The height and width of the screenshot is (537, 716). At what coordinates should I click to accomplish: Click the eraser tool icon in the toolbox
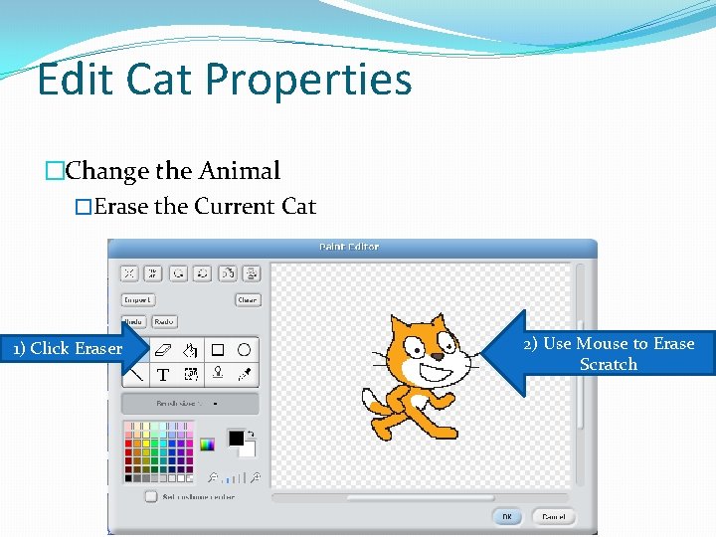pyautogui.click(x=164, y=350)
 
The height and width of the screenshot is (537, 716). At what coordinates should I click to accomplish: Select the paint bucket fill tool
pyautogui.click(x=191, y=350)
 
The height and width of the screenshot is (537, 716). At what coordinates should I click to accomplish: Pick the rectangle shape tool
pyautogui.click(x=217, y=350)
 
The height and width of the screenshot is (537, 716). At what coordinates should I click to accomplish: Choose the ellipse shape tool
pyautogui.click(x=244, y=350)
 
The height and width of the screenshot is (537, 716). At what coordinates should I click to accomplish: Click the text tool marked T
pyautogui.click(x=163, y=375)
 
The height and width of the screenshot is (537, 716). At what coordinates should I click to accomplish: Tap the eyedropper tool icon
pyautogui.click(x=244, y=375)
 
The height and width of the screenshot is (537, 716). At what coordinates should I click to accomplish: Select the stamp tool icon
pyautogui.click(x=218, y=375)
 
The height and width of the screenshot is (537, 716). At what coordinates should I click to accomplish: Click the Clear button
pyautogui.click(x=248, y=299)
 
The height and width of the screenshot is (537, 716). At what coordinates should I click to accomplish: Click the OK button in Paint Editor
pyautogui.click(x=507, y=517)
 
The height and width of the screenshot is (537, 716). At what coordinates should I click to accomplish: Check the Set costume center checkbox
pyautogui.click(x=150, y=495)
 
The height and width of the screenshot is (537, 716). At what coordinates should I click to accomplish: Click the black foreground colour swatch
pyautogui.click(x=236, y=438)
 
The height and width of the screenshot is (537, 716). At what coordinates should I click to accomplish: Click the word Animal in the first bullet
pyautogui.click(x=239, y=171)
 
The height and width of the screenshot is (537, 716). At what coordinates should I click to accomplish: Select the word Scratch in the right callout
pyautogui.click(x=609, y=364)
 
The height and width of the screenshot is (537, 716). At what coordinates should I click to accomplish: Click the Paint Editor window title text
pyautogui.click(x=348, y=246)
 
